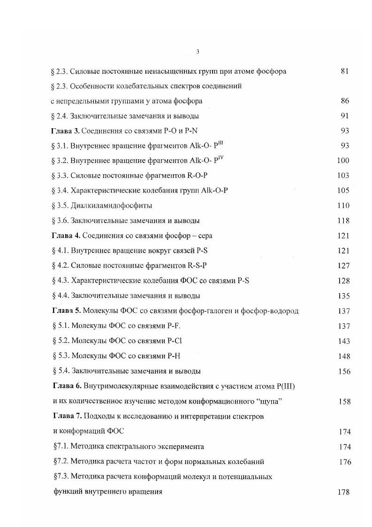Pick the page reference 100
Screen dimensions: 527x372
pyautogui.click(x=343, y=161)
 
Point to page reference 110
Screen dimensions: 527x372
pyautogui.click(x=343, y=206)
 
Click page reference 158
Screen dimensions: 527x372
pyautogui.click(x=344, y=402)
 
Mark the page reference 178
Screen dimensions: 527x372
pyautogui.click(x=344, y=492)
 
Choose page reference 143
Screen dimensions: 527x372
pyautogui.click(x=344, y=341)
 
